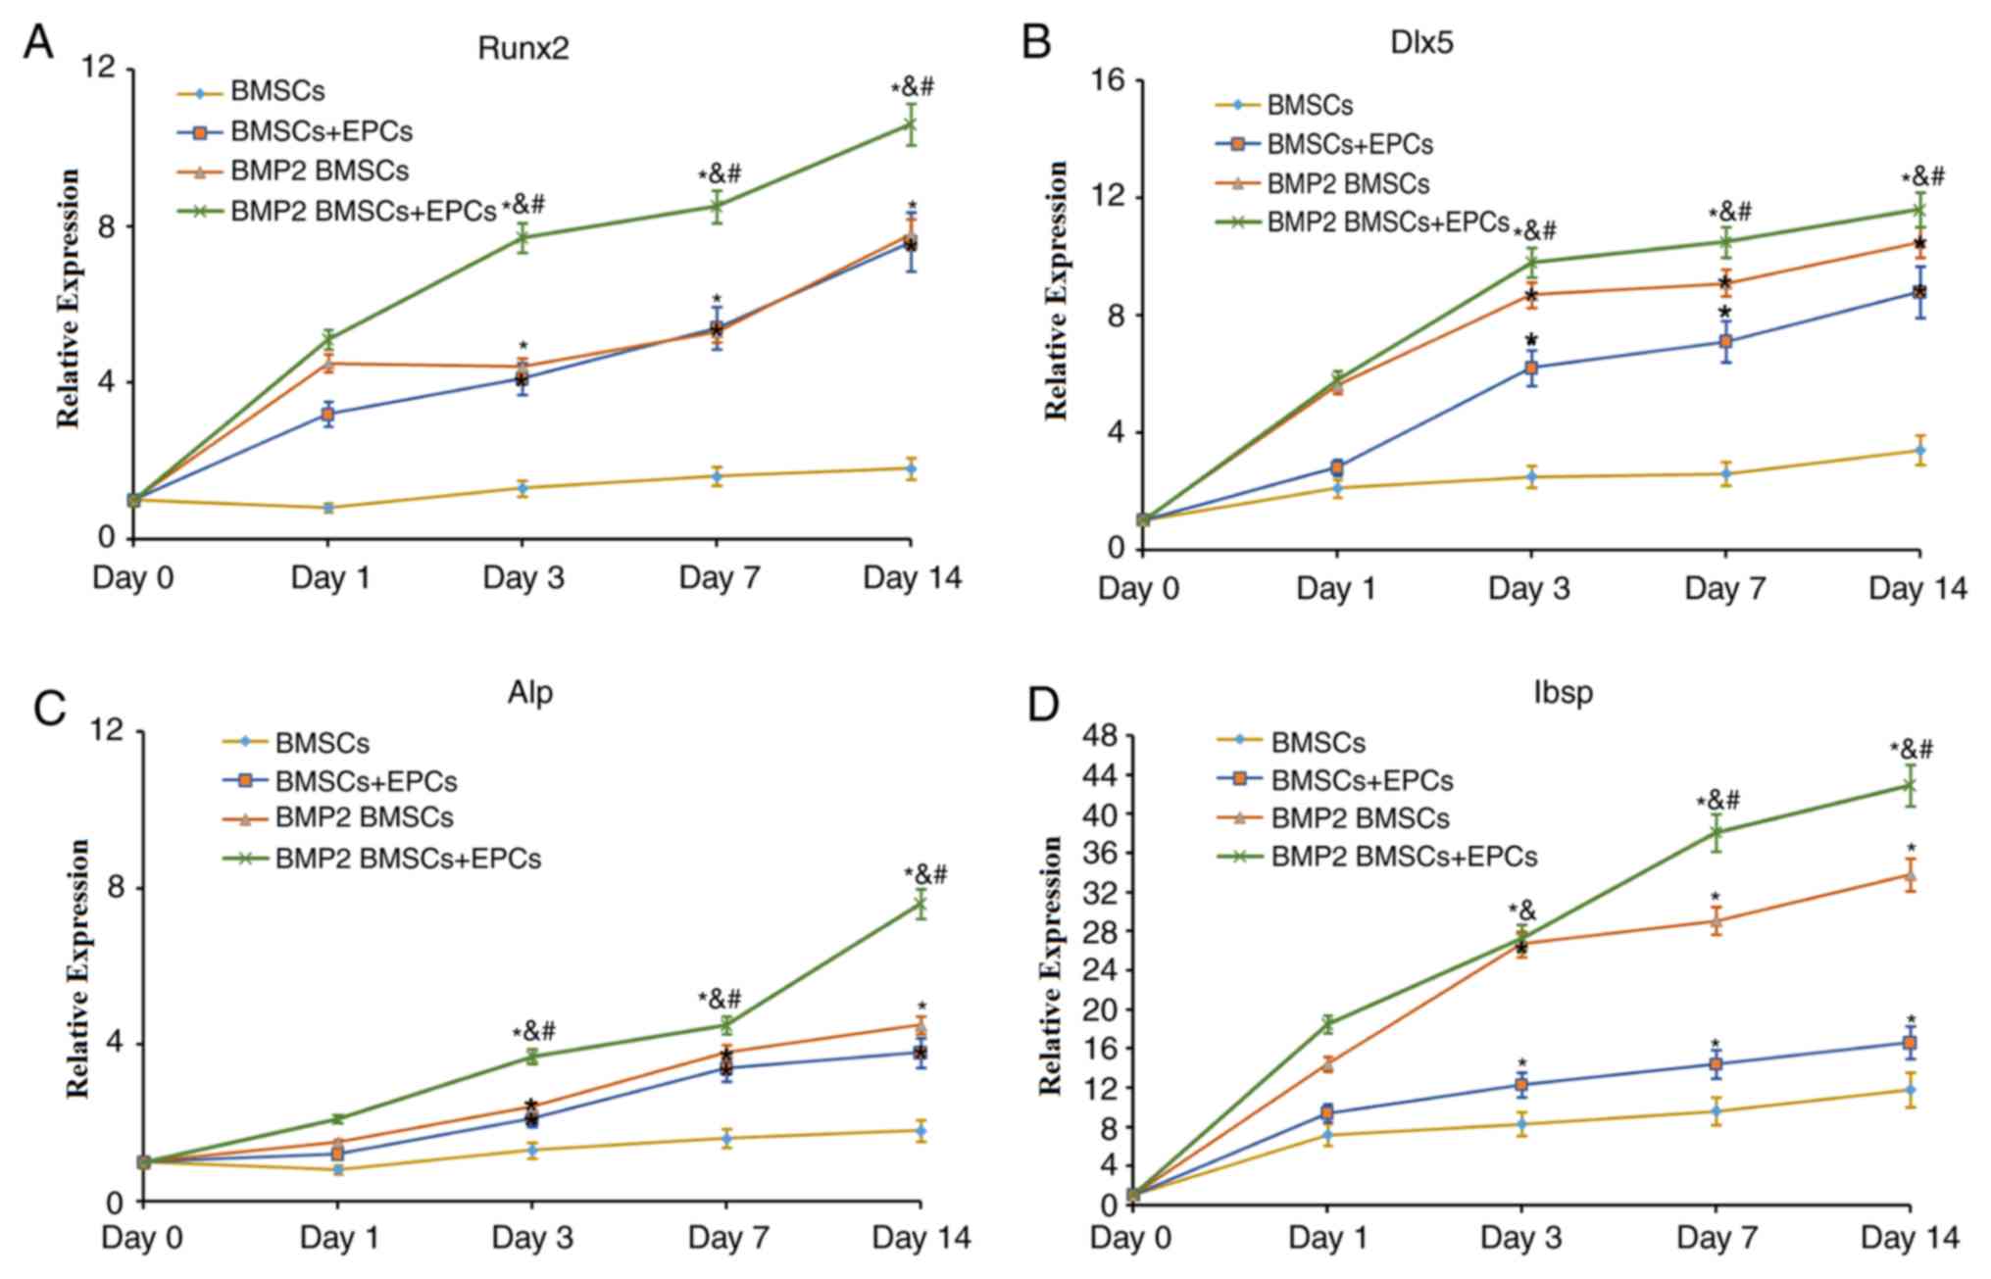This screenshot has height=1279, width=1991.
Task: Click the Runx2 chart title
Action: (523, 48)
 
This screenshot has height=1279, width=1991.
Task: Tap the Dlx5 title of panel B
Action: (1421, 44)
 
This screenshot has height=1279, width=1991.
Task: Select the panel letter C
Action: (50, 708)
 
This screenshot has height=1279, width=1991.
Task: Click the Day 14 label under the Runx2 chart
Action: (912, 577)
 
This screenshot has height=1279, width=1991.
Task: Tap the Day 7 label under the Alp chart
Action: (726, 1238)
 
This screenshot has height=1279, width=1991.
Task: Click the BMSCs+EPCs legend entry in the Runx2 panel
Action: (322, 131)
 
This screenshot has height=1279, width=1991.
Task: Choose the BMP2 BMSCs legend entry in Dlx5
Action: (1348, 183)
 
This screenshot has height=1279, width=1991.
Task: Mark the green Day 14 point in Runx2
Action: (911, 125)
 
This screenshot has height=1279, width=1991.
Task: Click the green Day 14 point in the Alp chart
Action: (921, 905)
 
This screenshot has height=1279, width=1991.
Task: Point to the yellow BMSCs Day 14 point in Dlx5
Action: (1918, 451)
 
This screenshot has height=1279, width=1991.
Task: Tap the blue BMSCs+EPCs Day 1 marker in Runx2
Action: (328, 415)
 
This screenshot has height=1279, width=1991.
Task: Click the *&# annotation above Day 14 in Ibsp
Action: (1912, 751)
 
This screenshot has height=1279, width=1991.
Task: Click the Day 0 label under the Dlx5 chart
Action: (1138, 588)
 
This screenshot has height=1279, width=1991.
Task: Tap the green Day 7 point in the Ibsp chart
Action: (1717, 832)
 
